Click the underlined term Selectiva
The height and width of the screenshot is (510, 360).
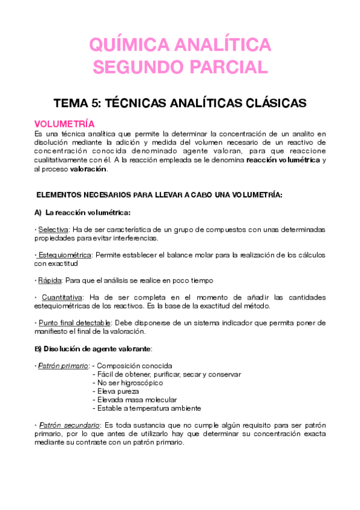(53, 230)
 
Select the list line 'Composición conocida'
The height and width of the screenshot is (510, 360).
(135, 366)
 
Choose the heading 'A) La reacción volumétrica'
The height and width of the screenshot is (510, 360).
(82, 212)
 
